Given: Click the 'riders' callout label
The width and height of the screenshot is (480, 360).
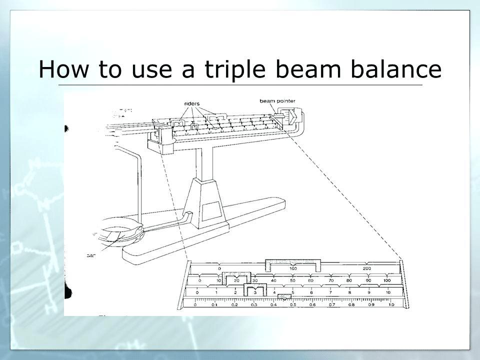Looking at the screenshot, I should pos(192,104).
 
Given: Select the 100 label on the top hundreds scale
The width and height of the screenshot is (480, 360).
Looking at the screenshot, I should pos(292,268).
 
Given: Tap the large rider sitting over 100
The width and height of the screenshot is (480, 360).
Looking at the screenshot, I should pos(292,263).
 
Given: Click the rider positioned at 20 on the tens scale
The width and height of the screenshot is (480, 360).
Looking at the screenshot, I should pos(237,278).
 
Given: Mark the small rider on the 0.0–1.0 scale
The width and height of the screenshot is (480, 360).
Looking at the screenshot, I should pos(284,297).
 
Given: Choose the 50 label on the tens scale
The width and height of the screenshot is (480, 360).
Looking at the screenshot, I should pos(292,281).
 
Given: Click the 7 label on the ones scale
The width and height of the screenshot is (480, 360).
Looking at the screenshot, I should pos(330,292).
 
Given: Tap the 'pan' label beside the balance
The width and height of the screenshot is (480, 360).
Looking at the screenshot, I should pos(91,255).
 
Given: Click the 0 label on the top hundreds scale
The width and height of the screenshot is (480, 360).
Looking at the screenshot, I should pos(219,268).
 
